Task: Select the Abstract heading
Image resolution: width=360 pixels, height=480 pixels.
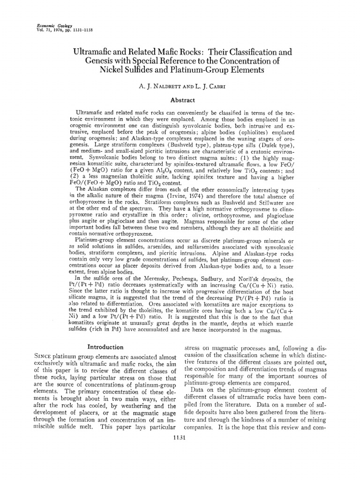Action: [x=181, y=100]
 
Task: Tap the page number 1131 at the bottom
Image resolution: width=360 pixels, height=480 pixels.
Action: [x=180, y=465]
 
